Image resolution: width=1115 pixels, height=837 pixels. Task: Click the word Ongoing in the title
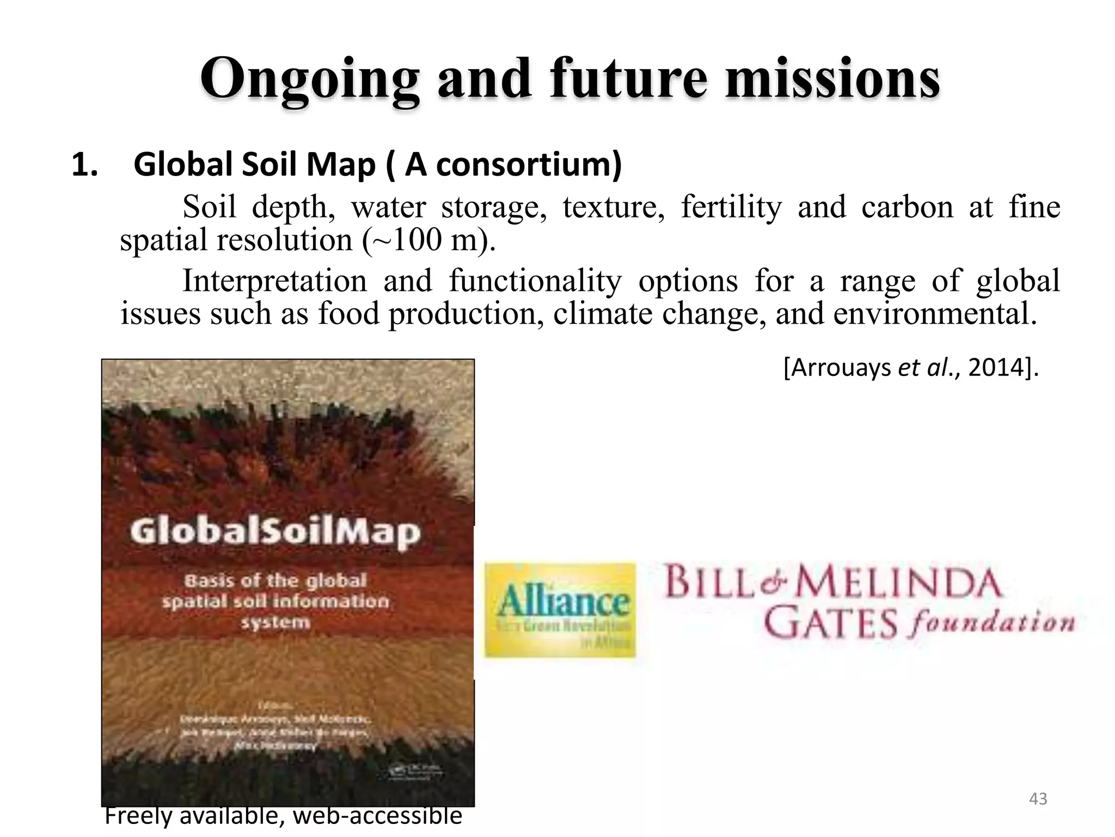coord(309,81)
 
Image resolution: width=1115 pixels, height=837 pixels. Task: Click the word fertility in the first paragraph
coord(731,207)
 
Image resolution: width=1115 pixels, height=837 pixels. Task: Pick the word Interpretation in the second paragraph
coord(274,281)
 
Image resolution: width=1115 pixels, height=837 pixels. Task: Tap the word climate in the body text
coord(603,314)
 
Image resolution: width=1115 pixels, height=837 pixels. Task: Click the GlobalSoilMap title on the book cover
coord(275,531)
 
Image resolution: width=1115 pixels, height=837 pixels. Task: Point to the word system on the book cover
coord(275,622)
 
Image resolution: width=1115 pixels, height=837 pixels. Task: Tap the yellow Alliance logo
coord(560,610)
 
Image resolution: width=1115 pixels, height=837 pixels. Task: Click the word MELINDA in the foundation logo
coord(899,583)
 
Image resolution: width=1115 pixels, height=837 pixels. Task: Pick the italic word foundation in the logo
coord(991,623)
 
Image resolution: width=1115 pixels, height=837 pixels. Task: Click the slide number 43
coord(1038,799)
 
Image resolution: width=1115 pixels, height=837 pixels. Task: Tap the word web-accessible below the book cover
coord(377,816)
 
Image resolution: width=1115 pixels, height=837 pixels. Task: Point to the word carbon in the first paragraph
coord(908,207)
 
